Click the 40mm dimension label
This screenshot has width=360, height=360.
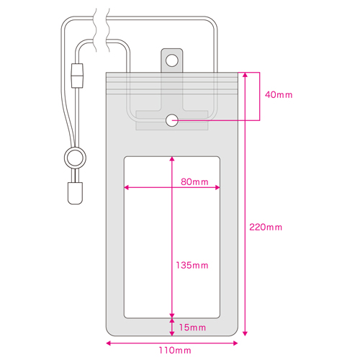point(279,95)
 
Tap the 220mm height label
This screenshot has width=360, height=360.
point(266,227)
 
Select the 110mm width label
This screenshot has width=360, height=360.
point(175,351)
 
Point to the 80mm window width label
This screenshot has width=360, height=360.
point(194,181)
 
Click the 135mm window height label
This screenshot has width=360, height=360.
point(192,265)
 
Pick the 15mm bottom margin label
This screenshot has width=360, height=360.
point(192,328)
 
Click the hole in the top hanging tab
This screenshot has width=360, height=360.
point(172,60)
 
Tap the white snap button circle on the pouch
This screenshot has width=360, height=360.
point(172,120)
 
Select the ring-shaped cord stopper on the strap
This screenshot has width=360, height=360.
point(75,158)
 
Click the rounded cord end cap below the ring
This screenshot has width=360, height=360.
point(75,193)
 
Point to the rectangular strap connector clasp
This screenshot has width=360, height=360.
point(77,76)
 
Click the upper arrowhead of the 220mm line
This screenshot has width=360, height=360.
point(245,75)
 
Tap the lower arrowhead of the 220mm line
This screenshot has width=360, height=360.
point(245,333)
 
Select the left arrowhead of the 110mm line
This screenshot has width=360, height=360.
point(109,343)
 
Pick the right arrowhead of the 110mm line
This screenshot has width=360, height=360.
point(235,343)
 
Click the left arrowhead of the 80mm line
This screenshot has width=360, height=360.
point(127,187)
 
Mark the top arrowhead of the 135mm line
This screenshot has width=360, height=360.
point(172,159)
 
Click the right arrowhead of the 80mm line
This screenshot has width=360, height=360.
point(217,187)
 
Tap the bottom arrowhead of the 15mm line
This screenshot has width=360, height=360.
point(172,333)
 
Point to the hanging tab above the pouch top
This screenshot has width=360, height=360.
point(172,60)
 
